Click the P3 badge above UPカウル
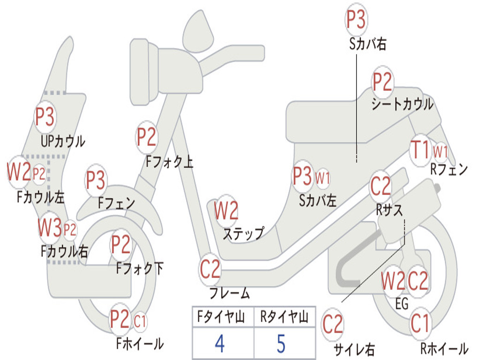click(x=45, y=117)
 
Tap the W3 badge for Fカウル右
click(x=50, y=227)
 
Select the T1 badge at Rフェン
click(x=420, y=150)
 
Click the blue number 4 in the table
click(x=220, y=344)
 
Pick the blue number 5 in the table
click(x=281, y=344)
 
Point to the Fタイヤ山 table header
click(x=221, y=316)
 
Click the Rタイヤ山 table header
click(x=285, y=316)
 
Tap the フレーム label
click(x=230, y=293)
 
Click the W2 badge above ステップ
click(x=226, y=210)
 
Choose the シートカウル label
click(x=402, y=105)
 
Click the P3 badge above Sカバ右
click(x=356, y=19)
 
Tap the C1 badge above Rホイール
click(x=420, y=323)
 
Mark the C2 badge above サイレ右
click(x=333, y=324)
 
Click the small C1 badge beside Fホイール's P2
click(x=140, y=322)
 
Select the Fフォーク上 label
click(x=169, y=161)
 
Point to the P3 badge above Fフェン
click(x=96, y=180)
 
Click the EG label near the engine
click(x=402, y=304)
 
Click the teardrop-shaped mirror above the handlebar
click(x=198, y=32)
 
